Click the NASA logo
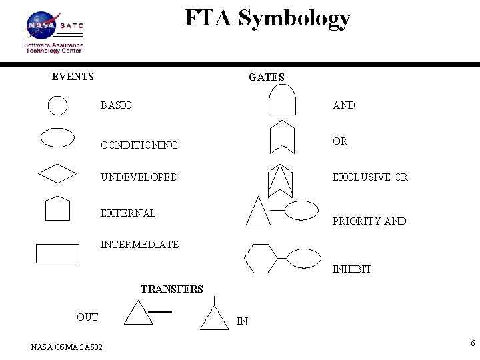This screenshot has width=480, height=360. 42,26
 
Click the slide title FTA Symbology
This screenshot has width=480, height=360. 267,18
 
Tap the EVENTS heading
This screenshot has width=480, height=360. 73,77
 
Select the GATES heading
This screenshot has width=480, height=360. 266,77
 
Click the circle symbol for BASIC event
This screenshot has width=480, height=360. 58,105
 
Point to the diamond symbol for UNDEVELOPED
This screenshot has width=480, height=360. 58,173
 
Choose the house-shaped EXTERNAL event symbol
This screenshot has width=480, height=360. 57,208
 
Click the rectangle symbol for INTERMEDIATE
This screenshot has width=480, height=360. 57,254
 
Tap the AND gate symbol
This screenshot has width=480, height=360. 282,102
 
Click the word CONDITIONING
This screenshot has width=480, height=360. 139,145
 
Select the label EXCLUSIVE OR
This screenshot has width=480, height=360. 370,177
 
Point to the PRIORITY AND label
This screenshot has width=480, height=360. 369,221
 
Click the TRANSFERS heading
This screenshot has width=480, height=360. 172,289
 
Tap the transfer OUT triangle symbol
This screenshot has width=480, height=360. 139,313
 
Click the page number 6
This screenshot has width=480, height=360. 473,344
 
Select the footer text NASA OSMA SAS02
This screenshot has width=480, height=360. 67,347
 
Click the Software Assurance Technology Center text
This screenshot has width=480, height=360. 53,47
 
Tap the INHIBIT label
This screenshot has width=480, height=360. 351,269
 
